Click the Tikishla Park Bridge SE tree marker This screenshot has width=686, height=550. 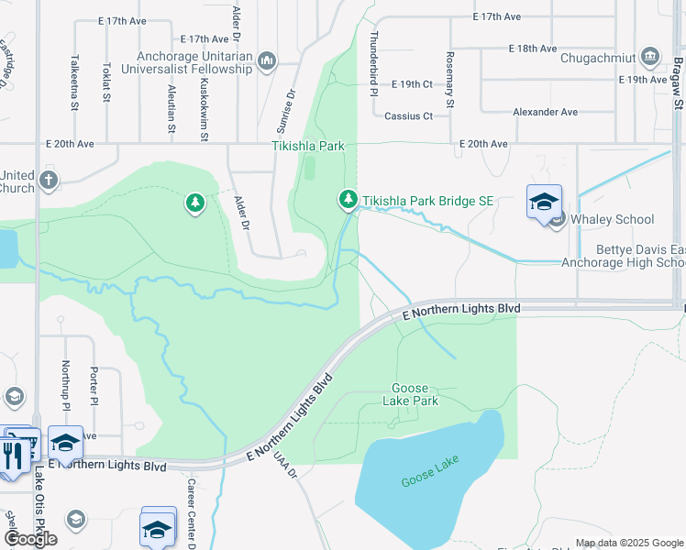(348, 199)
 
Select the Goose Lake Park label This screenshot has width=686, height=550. (415, 394)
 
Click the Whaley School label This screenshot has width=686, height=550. (612, 219)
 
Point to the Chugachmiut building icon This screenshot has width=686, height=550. (650, 57)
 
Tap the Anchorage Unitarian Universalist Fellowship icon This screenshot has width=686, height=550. (267, 60)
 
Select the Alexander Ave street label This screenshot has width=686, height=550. (545, 112)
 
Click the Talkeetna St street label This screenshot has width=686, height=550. (72, 78)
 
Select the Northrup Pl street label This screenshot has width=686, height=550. (66, 384)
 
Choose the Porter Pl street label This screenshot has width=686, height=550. (94, 385)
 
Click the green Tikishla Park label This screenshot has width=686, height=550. (307, 145)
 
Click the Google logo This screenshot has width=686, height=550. (30, 539)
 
